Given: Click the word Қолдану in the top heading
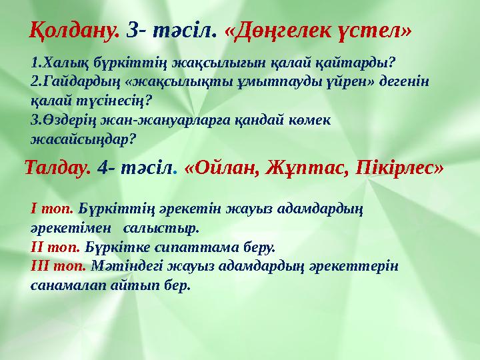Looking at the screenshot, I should point(75,29).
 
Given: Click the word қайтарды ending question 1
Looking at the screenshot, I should point(360,63).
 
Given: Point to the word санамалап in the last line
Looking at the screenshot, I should point(65,285).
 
